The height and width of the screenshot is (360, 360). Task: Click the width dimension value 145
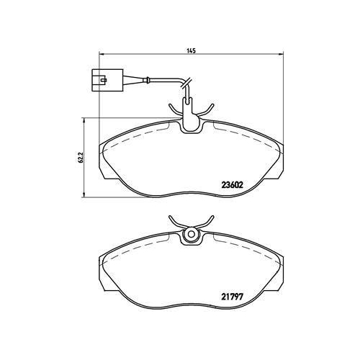(191, 51)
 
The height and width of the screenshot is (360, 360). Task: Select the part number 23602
(231, 184)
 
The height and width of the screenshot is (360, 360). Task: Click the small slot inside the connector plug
(98, 73)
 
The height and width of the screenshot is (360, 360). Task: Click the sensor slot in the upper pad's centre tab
(192, 124)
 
